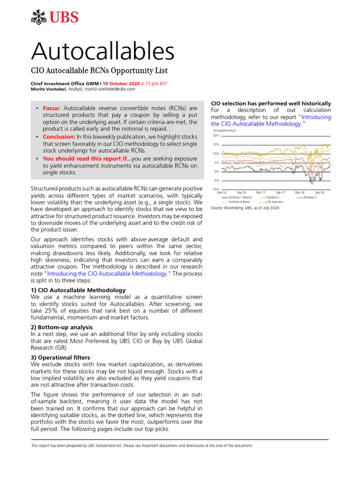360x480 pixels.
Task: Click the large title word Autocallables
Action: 103,51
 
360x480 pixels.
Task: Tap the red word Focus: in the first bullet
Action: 52,108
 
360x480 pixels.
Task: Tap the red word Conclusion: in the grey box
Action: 59,137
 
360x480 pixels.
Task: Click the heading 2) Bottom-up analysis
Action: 61,327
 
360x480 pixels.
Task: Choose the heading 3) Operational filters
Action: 60,357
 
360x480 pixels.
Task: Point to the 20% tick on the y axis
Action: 216,135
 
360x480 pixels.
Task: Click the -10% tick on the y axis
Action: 216,189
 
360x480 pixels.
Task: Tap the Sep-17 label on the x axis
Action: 280,193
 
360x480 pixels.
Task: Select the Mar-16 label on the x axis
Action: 222,193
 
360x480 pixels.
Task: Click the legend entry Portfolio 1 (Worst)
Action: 240,197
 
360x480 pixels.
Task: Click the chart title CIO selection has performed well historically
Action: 271,103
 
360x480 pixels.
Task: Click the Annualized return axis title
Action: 225,130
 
